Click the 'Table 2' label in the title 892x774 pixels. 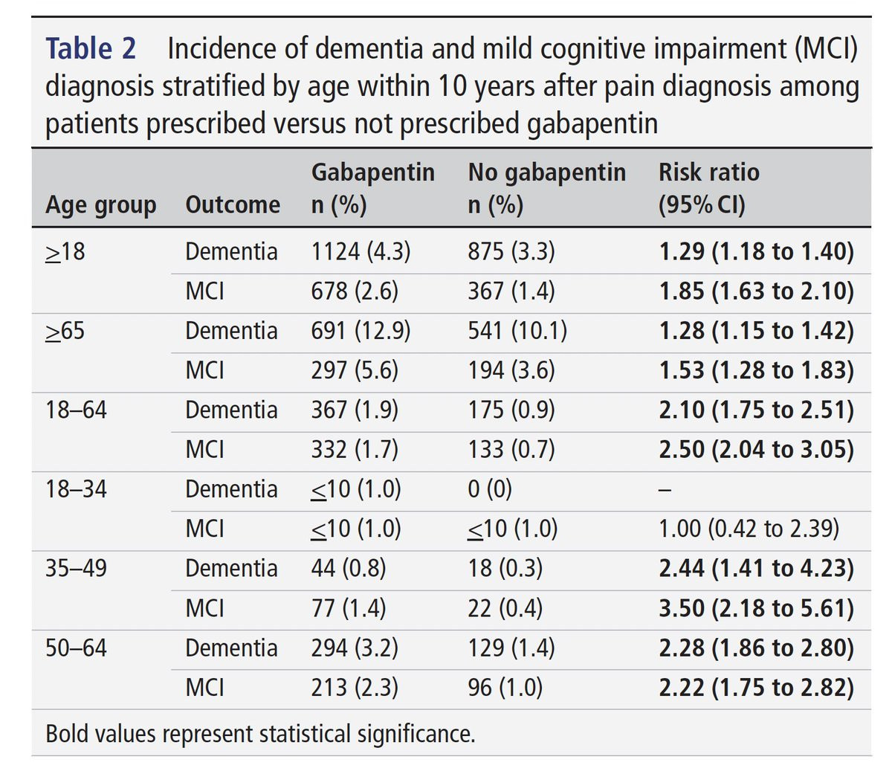coord(91,49)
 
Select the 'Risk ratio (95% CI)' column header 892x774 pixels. coord(708,188)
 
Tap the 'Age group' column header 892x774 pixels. coord(100,204)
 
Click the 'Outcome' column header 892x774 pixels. coord(232,204)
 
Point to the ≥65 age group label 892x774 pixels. coord(65,331)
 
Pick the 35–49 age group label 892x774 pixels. coord(76,569)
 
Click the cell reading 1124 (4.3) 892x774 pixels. coord(361,252)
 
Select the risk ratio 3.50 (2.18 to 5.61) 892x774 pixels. coord(756,608)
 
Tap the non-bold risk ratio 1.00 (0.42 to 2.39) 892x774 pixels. coord(749,529)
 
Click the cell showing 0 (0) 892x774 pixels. coord(490,489)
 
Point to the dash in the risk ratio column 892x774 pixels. coord(665,490)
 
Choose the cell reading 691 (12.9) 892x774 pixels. coord(361,331)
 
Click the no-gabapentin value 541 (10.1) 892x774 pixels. coord(517,331)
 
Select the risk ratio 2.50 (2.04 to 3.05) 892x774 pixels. coord(756,450)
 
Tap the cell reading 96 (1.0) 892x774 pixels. coord(505,688)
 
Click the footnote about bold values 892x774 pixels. coord(260,734)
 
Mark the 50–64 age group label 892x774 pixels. coord(76,648)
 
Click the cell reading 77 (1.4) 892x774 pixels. coord(348,608)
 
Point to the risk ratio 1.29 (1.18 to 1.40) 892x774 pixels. coord(756,252)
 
